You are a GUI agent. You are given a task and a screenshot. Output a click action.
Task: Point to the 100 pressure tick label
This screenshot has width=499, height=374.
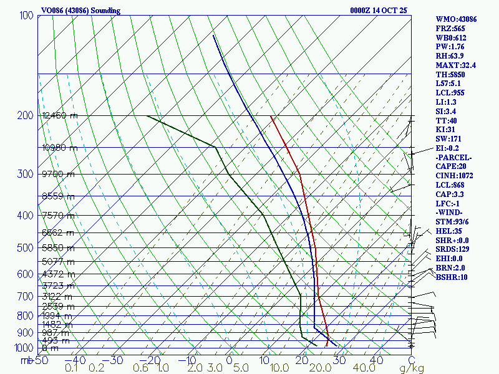(26, 15)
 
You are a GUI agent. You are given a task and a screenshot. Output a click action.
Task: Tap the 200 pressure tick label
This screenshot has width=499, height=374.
(26, 115)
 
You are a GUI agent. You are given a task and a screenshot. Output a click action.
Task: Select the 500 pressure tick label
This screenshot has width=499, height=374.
(26, 248)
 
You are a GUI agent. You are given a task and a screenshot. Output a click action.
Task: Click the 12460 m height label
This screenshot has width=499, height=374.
(60, 115)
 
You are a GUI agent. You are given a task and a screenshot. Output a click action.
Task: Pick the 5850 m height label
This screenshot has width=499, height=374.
(57, 248)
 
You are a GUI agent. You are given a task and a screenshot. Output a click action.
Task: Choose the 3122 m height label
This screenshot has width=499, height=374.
(57, 297)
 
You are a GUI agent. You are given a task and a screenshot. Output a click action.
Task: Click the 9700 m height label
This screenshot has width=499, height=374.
(57, 174)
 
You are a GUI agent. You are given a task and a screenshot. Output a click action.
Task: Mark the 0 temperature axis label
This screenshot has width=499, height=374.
(230, 360)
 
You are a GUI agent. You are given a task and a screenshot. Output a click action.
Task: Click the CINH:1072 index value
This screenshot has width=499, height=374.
(455, 176)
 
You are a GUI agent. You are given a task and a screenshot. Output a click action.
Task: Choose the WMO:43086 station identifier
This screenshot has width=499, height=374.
(456, 19)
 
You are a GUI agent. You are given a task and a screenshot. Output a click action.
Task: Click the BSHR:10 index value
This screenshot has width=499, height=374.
(452, 277)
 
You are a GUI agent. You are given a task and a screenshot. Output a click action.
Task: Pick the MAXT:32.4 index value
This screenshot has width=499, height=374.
(456, 65)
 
